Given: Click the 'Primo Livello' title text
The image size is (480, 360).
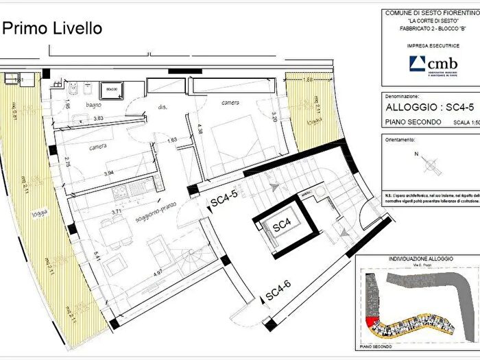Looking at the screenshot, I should click(x=53, y=28).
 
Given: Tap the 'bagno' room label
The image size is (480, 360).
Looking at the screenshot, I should click(x=94, y=105).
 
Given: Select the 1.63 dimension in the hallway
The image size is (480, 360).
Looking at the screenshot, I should click(x=173, y=140).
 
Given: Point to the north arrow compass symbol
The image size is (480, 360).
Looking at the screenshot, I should click(x=431, y=163).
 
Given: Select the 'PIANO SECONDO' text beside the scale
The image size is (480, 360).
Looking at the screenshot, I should click(x=407, y=124).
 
